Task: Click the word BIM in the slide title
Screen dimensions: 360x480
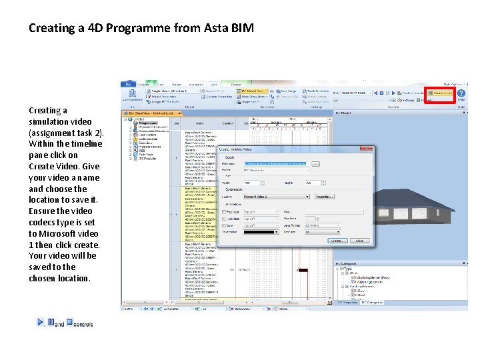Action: click(x=243, y=29)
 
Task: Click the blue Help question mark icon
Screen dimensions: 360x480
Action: click(x=461, y=95)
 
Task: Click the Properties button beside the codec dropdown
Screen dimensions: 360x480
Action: click(x=324, y=197)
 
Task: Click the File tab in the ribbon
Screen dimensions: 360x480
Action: click(x=126, y=84)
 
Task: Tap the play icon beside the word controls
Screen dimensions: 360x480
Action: click(x=41, y=322)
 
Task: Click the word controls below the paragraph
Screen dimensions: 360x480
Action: click(x=83, y=325)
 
